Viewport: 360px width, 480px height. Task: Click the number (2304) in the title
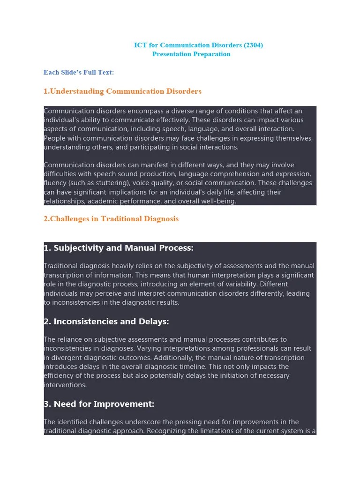click(253, 45)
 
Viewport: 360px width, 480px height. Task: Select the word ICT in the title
click(140, 45)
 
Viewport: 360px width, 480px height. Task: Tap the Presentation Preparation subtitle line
click(191, 54)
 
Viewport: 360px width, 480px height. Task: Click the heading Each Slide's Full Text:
click(79, 72)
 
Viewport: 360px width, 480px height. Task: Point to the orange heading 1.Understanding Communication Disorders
click(122, 91)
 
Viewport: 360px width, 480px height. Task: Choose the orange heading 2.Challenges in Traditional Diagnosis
click(111, 219)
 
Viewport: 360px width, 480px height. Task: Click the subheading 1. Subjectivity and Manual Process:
click(119, 248)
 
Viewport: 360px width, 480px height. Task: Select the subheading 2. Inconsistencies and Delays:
click(106, 322)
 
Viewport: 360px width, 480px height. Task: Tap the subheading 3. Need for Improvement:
click(99, 404)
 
